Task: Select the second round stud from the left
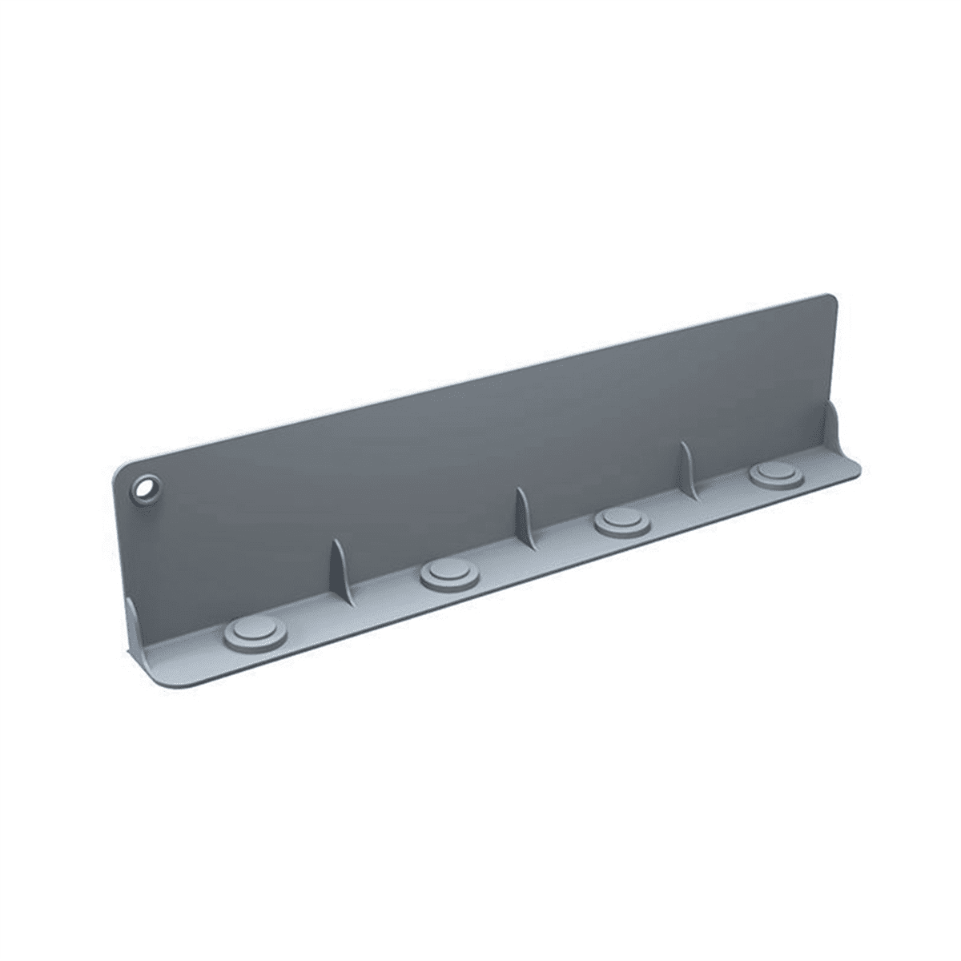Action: point(449,574)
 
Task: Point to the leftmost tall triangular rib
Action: point(340,570)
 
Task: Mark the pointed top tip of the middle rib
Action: point(517,488)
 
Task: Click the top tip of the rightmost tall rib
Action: point(683,442)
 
